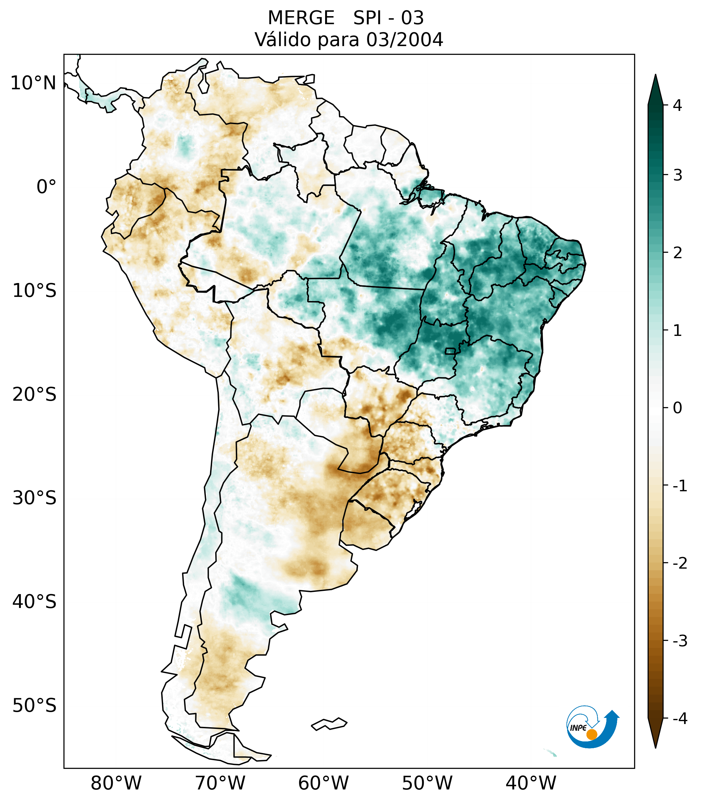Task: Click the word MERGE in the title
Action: click(x=301, y=18)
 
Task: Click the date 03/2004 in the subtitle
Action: click(x=404, y=40)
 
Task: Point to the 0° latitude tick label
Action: click(x=46, y=187)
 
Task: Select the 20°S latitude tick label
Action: click(x=34, y=395)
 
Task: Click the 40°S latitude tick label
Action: click(x=34, y=602)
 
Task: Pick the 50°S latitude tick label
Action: click(x=34, y=706)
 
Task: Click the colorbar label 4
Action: click(x=677, y=105)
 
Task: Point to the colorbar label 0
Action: click(x=677, y=408)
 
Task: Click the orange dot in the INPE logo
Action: click(x=592, y=734)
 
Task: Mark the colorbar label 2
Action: click(x=677, y=253)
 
